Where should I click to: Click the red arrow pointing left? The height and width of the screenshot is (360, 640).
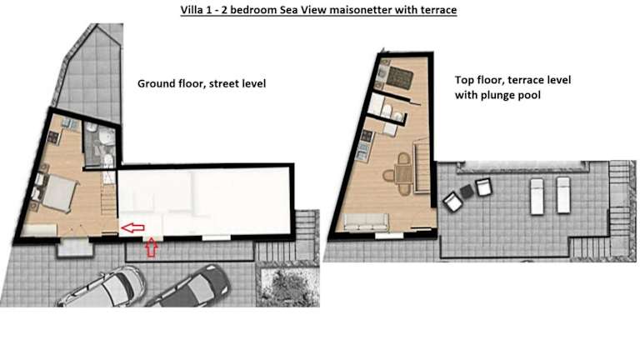click(x=132, y=227)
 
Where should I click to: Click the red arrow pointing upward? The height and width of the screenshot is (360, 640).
click(x=152, y=247)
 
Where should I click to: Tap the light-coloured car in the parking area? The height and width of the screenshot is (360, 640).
click(x=102, y=287)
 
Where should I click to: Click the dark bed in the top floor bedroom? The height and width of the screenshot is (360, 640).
click(x=399, y=78)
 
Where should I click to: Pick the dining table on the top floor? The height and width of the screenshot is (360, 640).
click(x=404, y=173)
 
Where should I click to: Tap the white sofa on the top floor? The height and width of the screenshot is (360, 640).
click(x=365, y=222)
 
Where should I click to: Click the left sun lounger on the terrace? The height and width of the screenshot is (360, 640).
click(x=537, y=196)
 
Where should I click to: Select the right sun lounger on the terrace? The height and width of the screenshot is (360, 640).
click(x=563, y=195)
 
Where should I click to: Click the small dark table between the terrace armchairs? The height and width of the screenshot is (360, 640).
click(x=467, y=191)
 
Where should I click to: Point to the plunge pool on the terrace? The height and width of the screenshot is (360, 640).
click(x=522, y=165)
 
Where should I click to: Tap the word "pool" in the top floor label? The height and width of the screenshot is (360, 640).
click(x=529, y=96)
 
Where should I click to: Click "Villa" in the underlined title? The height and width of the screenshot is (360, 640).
click(x=191, y=10)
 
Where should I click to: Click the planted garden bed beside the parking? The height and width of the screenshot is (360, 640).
click(x=287, y=285)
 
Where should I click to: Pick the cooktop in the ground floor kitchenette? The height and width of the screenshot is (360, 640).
click(x=53, y=137)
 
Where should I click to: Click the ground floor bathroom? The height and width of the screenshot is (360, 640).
click(x=100, y=144)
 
